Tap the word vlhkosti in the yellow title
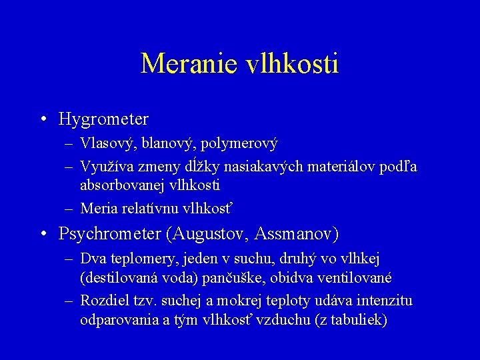point(292,64)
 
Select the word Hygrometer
point(103,119)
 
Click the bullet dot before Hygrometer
point(43,120)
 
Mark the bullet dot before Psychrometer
point(43,235)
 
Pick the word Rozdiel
point(103,301)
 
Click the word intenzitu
point(380,301)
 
